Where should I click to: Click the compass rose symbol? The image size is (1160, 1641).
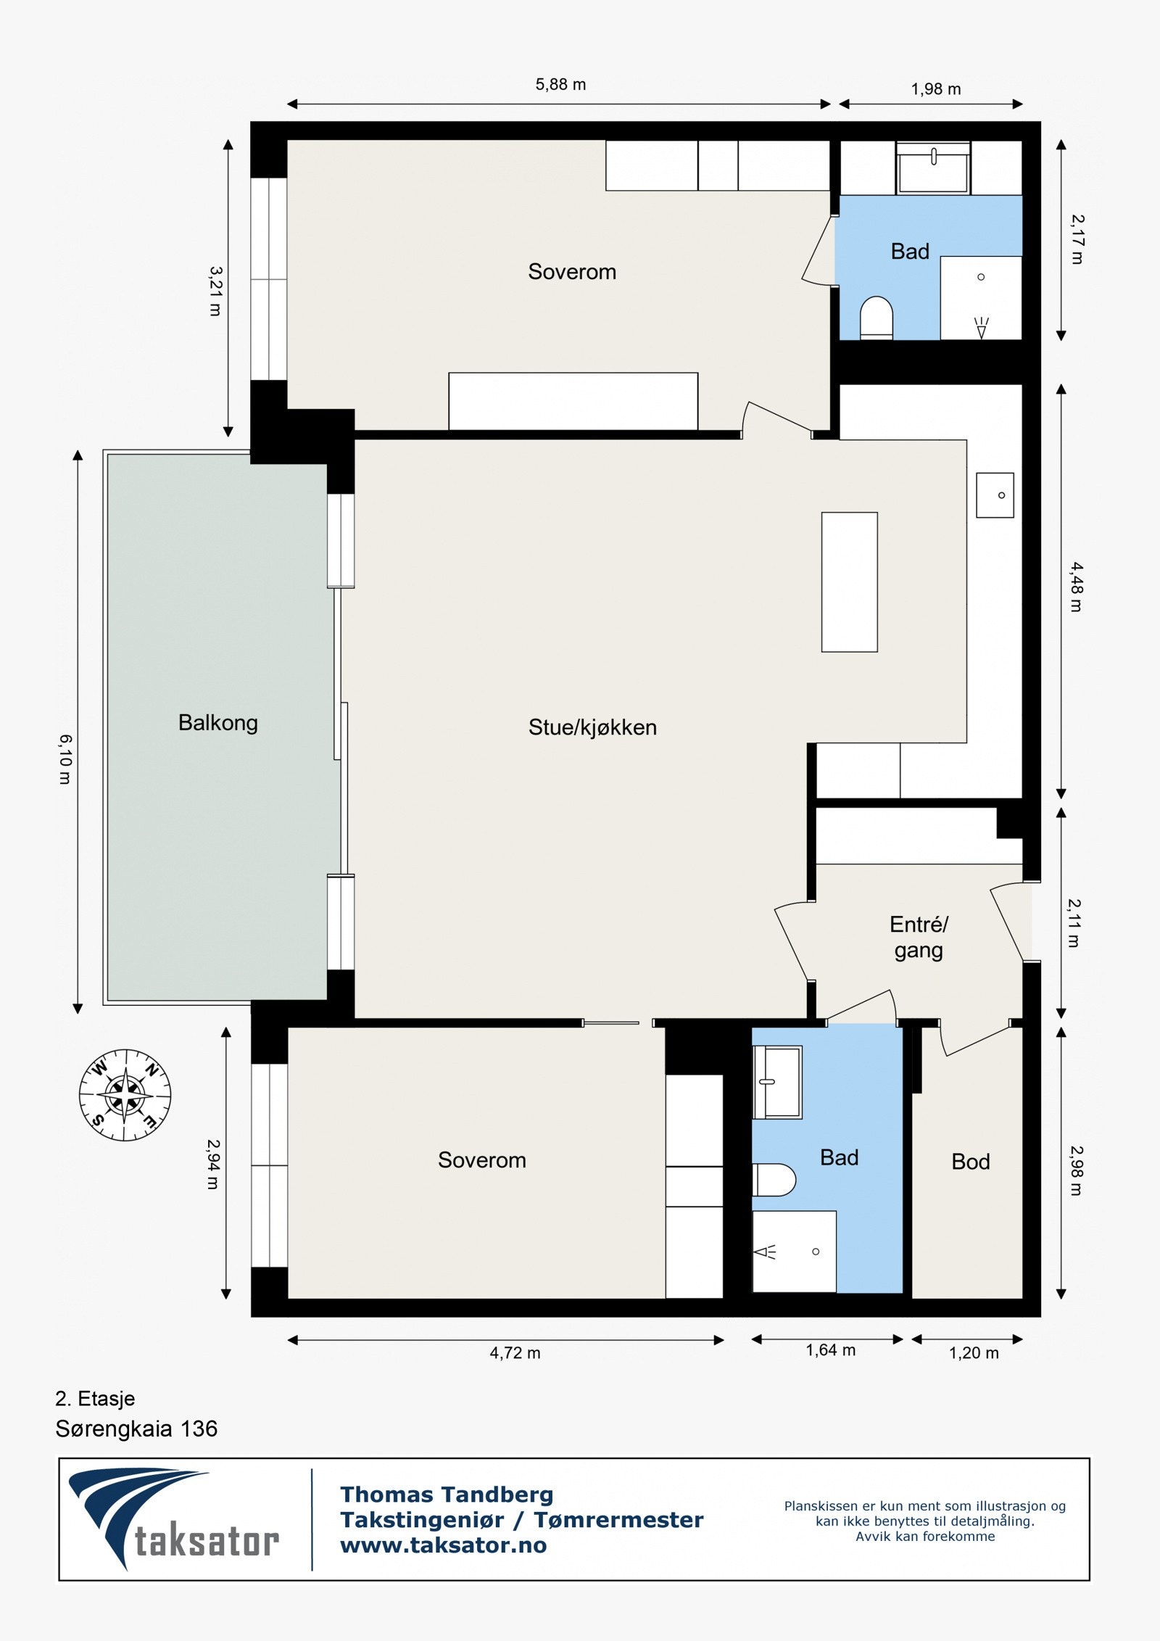[x=125, y=1095]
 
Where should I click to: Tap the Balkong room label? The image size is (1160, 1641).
[x=218, y=723]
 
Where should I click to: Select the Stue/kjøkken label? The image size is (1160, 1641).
[x=592, y=727]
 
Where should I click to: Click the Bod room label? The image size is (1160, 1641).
[x=971, y=1162]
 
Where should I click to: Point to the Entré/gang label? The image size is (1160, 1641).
[x=919, y=938]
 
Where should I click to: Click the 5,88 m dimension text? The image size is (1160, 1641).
[x=560, y=84]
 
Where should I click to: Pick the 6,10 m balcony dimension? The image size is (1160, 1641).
[x=65, y=759]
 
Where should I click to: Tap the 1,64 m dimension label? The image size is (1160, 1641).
[x=831, y=1350]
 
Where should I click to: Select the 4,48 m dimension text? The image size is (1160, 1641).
[x=1076, y=587]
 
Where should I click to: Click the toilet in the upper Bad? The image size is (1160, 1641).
[x=877, y=318]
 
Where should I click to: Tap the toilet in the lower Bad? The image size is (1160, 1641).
[x=774, y=1180]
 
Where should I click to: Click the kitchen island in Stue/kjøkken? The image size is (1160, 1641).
[x=850, y=582]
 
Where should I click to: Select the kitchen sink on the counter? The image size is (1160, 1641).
[x=995, y=495]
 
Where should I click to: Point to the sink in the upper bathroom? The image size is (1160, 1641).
[x=933, y=168]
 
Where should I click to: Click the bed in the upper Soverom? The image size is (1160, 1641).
[x=573, y=402]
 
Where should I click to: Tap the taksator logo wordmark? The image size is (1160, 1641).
[x=207, y=1542]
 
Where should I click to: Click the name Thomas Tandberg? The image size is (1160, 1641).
[x=447, y=1495]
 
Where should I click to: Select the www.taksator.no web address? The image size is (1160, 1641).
[x=444, y=1545]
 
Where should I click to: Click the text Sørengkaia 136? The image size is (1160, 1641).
[x=136, y=1429]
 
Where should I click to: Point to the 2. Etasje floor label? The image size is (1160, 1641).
[x=95, y=1398]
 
